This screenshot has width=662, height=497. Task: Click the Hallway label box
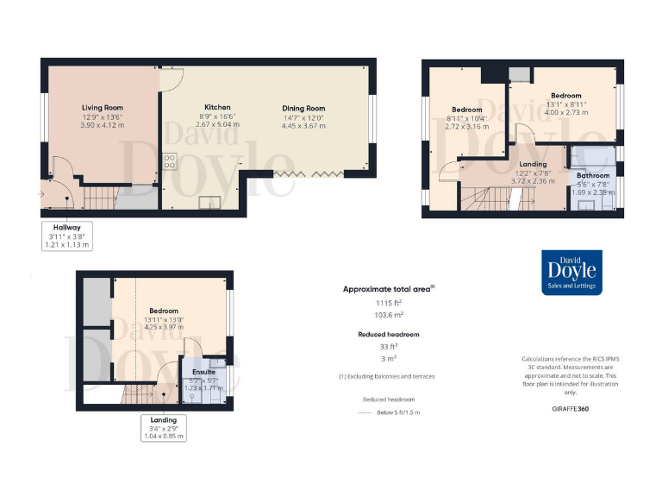pyautogui.click(x=66, y=236)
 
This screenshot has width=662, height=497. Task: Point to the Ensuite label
pyautogui.click(x=204, y=373)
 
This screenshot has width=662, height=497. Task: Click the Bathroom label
pyautogui.click(x=593, y=175)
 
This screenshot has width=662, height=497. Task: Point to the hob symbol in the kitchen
pyautogui.click(x=170, y=161)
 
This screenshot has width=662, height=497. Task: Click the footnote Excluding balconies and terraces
pyautogui.click(x=387, y=377)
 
